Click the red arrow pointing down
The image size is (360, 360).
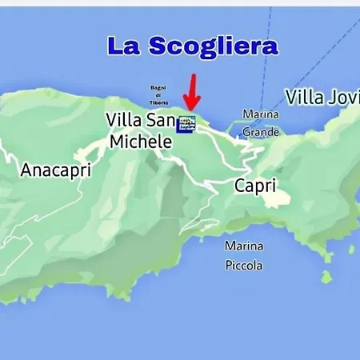coord(191,92)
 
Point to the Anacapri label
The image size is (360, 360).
coord(56,170)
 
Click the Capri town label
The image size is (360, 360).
coord(255,186)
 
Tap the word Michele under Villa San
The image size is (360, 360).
coord(141,142)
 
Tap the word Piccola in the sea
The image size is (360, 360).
coord(243,265)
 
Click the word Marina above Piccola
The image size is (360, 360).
coord(243,246)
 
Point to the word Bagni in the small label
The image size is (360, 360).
coord(157,87)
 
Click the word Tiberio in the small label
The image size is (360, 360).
coord(159,102)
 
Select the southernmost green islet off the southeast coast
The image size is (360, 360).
coord(326,277)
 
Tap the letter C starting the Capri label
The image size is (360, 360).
coord(240,186)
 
